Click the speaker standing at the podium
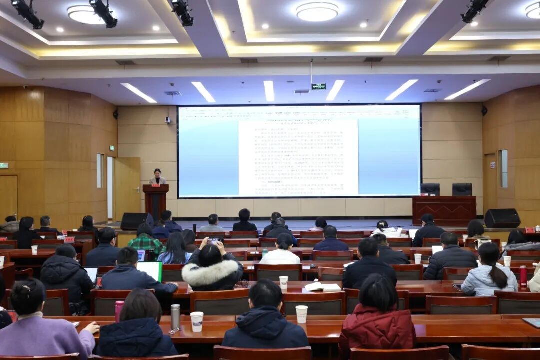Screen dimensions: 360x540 158,177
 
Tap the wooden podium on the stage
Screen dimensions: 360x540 156,199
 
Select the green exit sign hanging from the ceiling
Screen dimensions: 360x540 318,86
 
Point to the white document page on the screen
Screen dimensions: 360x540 298,158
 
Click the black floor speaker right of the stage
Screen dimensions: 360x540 502,218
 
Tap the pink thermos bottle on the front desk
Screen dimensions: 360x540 119,311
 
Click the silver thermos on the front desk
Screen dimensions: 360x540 175,317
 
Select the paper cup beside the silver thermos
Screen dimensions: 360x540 197,321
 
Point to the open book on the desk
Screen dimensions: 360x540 322,287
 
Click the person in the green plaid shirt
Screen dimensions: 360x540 146,242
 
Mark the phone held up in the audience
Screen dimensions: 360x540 214,240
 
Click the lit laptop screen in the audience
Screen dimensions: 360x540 150,270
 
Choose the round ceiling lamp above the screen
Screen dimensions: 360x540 317,11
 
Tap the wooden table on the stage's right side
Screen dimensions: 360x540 444,210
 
